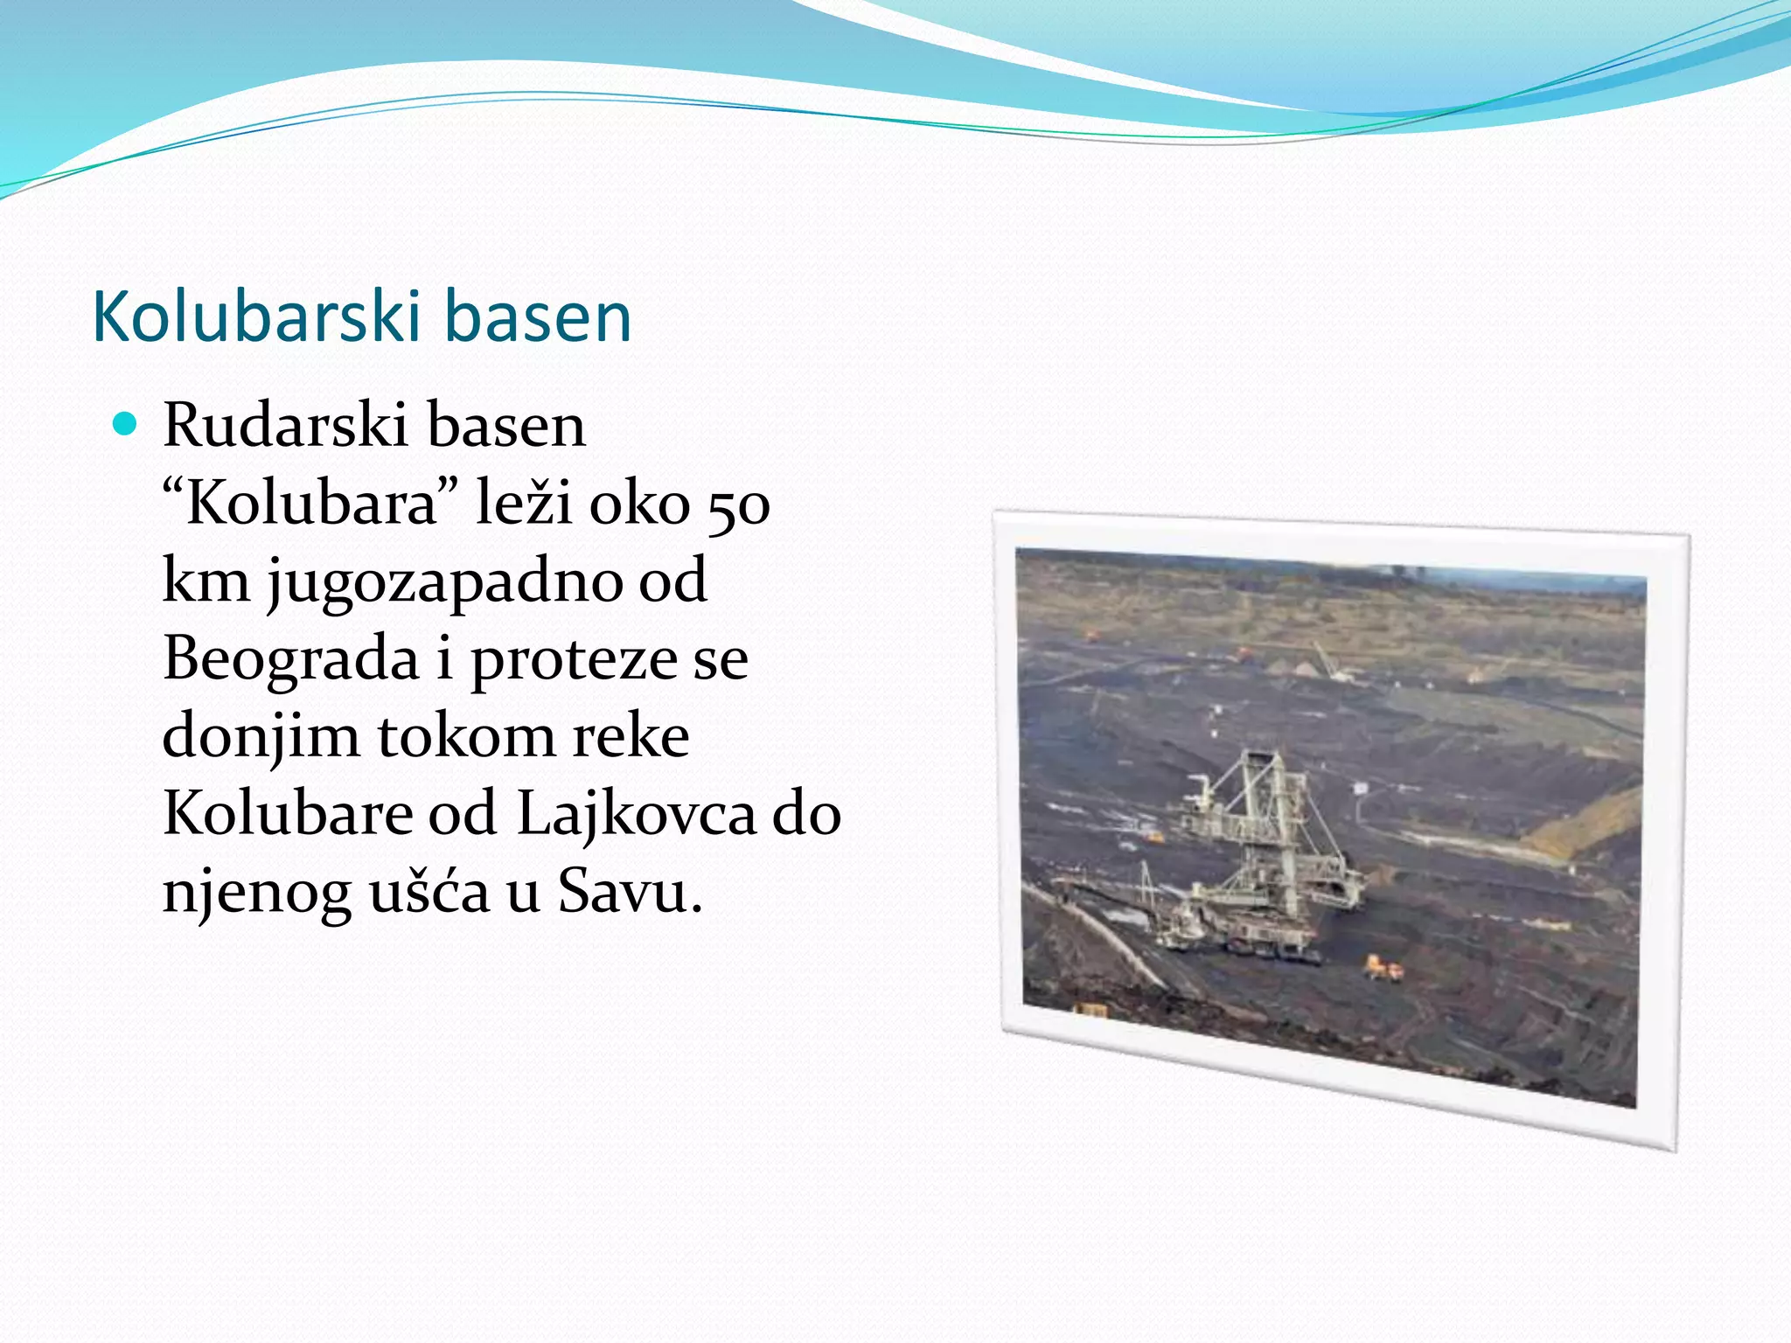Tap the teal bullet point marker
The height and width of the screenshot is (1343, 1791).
tap(126, 425)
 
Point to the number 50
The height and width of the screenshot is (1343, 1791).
tap(738, 505)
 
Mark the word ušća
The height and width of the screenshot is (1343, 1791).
tap(429, 892)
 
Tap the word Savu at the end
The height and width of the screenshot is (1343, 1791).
tap(628, 892)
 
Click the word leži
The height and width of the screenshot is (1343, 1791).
tap(522, 504)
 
